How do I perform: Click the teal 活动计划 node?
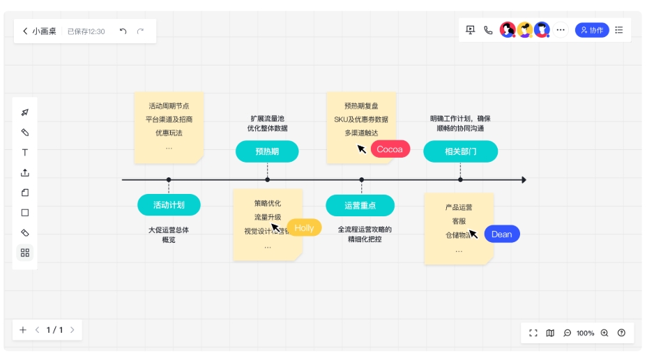(169, 204)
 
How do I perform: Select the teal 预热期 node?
(267, 151)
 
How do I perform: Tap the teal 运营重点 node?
(360, 205)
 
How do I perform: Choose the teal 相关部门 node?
(461, 151)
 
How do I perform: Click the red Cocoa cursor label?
(390, 149)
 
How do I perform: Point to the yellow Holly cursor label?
(304, 227)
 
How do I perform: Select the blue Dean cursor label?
(502, 234)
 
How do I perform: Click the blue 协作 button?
(592, 30)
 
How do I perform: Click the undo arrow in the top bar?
(123, 31)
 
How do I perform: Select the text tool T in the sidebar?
(25, 153)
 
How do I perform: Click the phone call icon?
(488, 30)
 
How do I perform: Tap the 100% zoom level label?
(586, 333)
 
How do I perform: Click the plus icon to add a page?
(23, 330)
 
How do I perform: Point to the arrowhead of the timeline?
(524, 180)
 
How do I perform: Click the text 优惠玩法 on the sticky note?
(169, 133)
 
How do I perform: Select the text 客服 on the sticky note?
(459, 221)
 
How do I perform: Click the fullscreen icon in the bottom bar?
(533, 333)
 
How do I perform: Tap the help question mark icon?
(621, 333)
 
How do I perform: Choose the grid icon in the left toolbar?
(25, 253)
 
